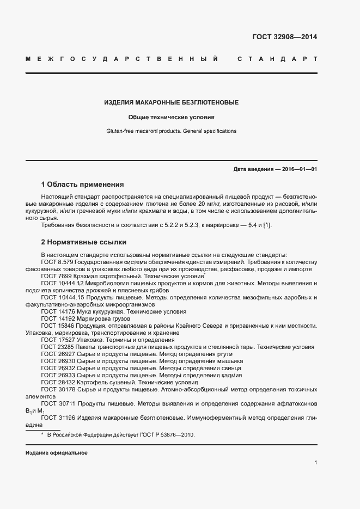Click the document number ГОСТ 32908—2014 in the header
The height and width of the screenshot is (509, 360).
pos(284,38)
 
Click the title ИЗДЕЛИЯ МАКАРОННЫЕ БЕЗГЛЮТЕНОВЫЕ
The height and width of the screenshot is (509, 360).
pos(171,102)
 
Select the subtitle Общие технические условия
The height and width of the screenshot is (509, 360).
pos(171,117)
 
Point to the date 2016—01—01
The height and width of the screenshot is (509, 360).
pos(299,169)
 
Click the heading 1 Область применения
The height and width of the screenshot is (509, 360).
pos(82,185)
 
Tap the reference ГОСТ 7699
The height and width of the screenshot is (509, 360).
pos(56,276)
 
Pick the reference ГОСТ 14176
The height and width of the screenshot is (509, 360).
pos(57,311)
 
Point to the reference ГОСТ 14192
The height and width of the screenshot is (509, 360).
pos(57,318)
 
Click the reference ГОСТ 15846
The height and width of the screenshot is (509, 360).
pos(57,326)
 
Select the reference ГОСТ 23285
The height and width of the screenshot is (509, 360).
pos(57,347)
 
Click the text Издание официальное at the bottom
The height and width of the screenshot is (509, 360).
pos(56,453)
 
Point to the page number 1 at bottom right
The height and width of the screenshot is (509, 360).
pos(315,462)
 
